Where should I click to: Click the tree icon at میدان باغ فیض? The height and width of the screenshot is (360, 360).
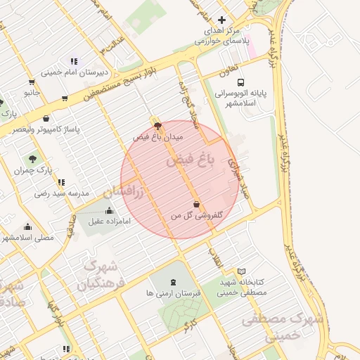click(157, 126)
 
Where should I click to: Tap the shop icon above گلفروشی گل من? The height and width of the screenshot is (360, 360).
click(195, 205)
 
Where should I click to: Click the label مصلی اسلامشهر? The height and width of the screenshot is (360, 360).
click(27, 238)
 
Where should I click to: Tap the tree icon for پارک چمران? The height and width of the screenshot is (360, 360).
click(32, 159)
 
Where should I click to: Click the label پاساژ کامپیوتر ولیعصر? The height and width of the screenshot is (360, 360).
click(51, 129)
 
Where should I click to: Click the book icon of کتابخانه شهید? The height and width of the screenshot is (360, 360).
click(242, 271)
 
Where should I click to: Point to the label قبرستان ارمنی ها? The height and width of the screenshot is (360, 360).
click(173, 292)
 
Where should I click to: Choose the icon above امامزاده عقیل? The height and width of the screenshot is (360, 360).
click(108, 210)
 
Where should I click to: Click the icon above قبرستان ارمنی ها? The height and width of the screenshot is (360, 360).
click(173, 281)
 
